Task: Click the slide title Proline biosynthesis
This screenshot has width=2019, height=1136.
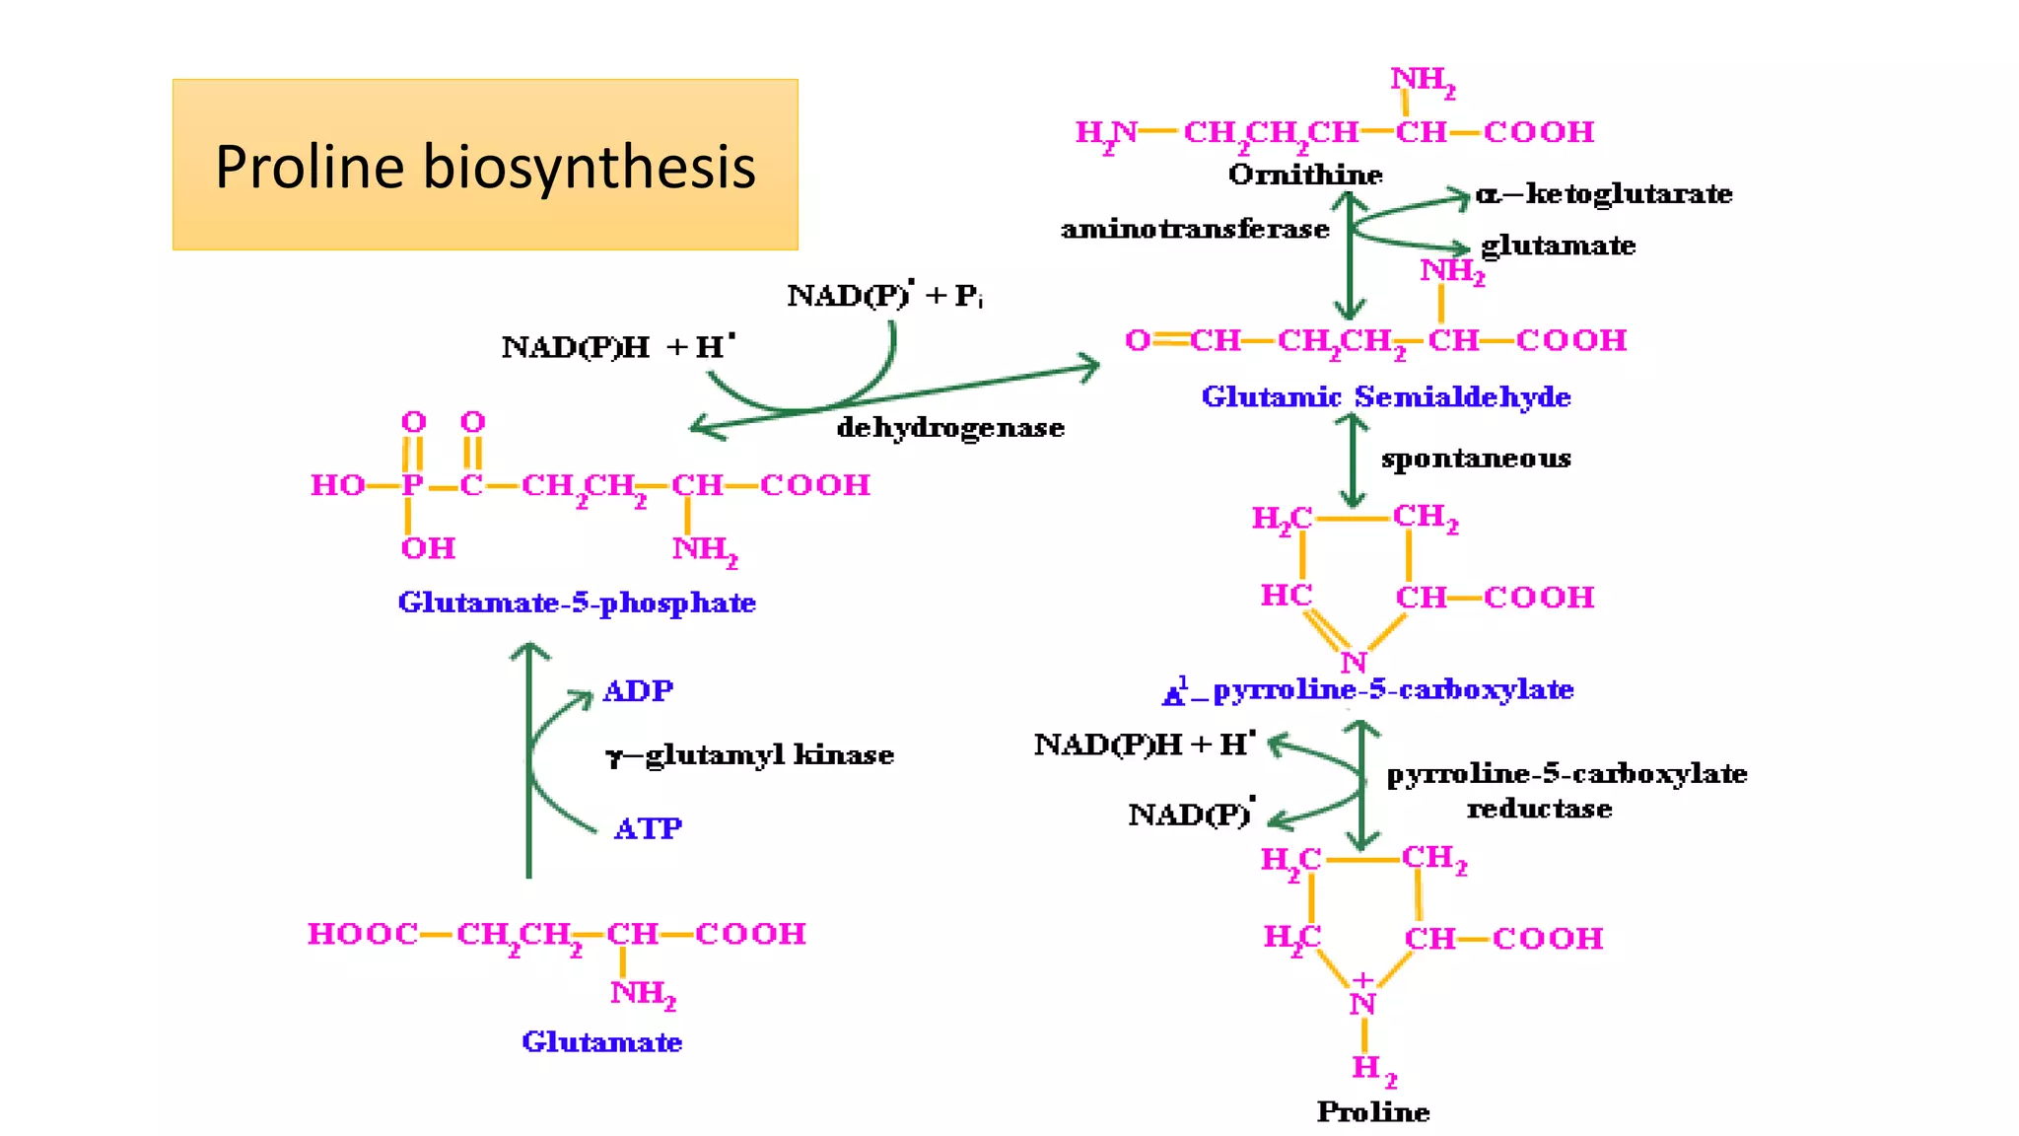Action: coord(485,166)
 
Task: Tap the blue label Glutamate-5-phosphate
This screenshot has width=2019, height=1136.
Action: coord(577,603)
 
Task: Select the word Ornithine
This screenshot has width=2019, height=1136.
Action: coord(1305,175)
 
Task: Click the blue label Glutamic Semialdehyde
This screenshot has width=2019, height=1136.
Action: coord(1385,396)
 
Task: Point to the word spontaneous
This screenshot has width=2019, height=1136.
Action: coord(1476,459)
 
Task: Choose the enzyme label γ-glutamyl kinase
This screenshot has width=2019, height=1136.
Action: coord(749,755)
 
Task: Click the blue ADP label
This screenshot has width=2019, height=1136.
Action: coord(638,690)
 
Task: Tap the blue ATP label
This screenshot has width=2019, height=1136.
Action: coord(648,828)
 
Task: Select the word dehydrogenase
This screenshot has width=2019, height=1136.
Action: coord(950,428)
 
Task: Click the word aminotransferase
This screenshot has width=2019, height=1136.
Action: coord(1195,230)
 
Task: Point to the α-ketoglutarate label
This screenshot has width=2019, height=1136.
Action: coord(1604,193)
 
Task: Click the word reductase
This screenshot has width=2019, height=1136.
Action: coord(1539,809)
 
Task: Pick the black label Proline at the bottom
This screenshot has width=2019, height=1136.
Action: coord(1372,1112)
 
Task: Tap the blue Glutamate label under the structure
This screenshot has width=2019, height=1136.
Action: coord(601,1042)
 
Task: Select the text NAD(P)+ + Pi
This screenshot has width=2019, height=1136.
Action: coord(884,295)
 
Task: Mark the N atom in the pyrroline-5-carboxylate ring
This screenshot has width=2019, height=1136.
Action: coord(1353,663)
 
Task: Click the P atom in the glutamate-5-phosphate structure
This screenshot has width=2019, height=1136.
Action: coord(411,485)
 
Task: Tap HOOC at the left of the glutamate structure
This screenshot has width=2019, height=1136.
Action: coord(362,934)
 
